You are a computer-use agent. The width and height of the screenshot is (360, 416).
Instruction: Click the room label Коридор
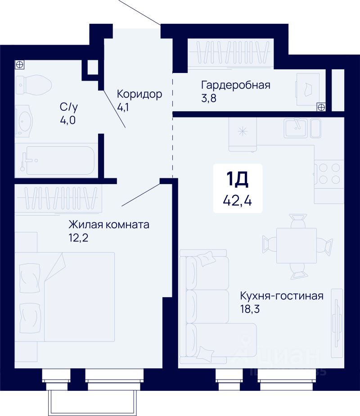click(139, 94)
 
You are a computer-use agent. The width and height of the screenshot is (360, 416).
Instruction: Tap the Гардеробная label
click(236, 85)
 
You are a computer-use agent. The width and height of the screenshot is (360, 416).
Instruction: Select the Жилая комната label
click(108, 224)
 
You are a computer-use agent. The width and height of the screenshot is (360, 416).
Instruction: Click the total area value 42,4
click(237, 199)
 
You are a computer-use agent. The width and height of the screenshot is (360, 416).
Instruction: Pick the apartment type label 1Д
click(237, 180)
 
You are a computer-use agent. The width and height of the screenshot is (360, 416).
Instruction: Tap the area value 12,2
click(79, 237)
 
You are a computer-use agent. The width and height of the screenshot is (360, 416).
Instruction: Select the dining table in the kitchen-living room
click(296, 245)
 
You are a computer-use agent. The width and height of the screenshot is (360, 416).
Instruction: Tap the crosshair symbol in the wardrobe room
click(321, 107)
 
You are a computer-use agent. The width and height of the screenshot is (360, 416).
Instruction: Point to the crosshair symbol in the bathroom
click(20, 64)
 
